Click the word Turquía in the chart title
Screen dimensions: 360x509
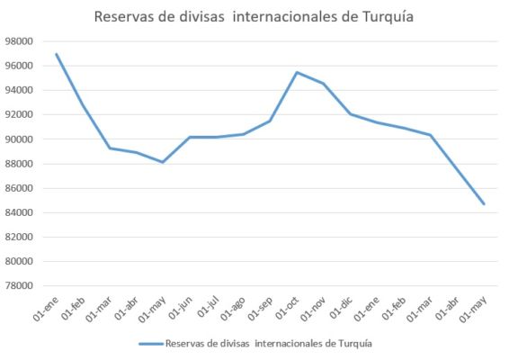tap(387, 16)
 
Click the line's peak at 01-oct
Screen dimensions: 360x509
tap(297, 72)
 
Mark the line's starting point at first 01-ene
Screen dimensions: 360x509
tap(56, 54)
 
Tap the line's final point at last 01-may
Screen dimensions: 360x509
tap(484, 203)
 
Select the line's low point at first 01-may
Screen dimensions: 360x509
tap(163, 162)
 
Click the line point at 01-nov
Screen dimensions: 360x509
tap(324, 84)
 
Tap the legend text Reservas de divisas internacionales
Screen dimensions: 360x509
tap(270, 343)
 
